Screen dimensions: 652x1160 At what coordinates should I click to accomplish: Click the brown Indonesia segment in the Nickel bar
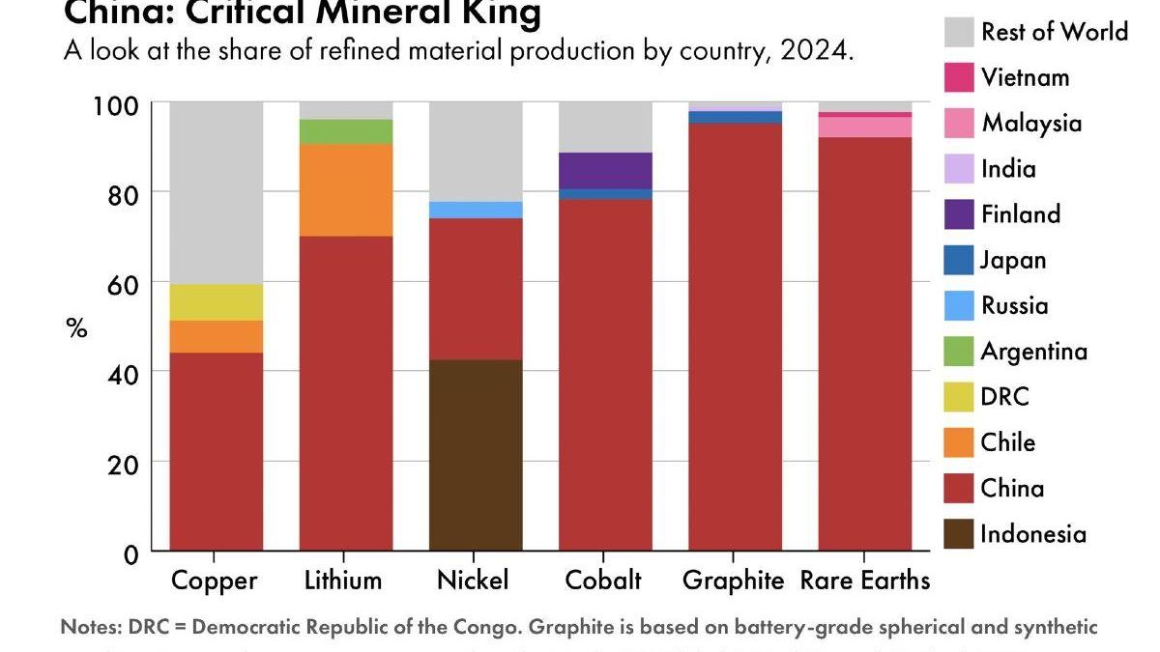[476, 455]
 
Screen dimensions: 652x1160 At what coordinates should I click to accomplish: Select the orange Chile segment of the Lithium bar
[346, 190]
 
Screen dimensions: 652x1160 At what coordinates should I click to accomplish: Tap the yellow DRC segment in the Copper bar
[217, 302]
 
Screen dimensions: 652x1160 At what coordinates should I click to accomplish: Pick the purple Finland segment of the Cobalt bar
[606, 170]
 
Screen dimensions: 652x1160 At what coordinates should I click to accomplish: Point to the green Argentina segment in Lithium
[346, 131]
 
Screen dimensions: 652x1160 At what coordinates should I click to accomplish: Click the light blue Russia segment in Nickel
[476, 210]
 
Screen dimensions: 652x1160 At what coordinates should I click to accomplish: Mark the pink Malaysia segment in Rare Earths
[865, 127]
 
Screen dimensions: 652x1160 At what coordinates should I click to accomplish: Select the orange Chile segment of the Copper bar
[217, 336]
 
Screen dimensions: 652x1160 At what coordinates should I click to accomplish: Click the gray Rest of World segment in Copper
[217, 192]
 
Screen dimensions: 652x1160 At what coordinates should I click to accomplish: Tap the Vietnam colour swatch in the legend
[959, 77]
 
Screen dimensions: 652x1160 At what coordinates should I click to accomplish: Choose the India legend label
[1008, 169]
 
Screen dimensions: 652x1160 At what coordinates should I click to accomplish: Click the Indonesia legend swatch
[959, 534]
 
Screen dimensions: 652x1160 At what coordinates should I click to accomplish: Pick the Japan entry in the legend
[1013, 260]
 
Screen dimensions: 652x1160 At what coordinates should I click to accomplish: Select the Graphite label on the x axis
[733, 581]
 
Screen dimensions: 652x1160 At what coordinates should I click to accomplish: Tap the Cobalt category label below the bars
[603, 581]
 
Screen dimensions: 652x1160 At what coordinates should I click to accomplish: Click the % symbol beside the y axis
[76, 328]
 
